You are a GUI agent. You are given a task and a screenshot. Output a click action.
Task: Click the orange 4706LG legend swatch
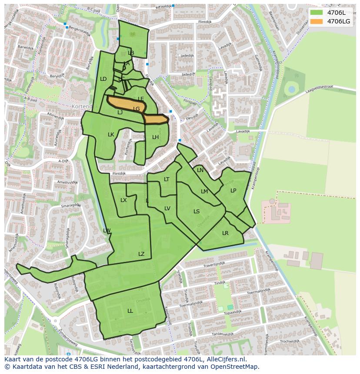pyautogui.click(x=317, y=21)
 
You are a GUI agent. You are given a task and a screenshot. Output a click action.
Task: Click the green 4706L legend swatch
pyautogui.click(x=317, y=12)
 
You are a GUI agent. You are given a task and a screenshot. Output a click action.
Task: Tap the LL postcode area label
pyautogui.click(x=130, y=311)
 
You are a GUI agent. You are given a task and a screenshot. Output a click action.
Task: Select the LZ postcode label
pyautogui.click(x=141, y=254)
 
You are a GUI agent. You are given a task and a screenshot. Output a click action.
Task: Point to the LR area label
pyautogui.click(x=225, y=233)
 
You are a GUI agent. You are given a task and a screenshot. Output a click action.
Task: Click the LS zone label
pyautogui.click(x=197, y=212)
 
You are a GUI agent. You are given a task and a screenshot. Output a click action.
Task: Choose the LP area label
pyautogui.click(x=233, y=191)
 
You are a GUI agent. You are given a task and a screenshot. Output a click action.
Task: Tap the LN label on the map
pyautogui.click(x=200, y=170)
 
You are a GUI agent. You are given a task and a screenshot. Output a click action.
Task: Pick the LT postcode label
pyautogui.click(x=167, y=179)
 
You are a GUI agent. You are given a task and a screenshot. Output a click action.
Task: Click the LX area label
pyautogui.click(x=123, y=200)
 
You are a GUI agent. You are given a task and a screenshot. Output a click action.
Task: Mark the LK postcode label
pyautogui.click(x=111, y=135)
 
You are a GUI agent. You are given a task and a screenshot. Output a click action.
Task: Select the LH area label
pyautogui.click(x=155, y=137)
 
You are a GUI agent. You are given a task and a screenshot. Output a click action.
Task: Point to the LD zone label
pyautogui.click(x=103, y=79)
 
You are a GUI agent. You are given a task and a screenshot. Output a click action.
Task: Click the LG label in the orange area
pyautogui.click(x=137, y=109)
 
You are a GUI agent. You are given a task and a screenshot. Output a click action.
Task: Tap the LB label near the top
pyautogui.click(x=131, y=53)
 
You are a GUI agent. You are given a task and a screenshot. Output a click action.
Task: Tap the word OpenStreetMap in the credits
pyautogui.click(x=235, y=367)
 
